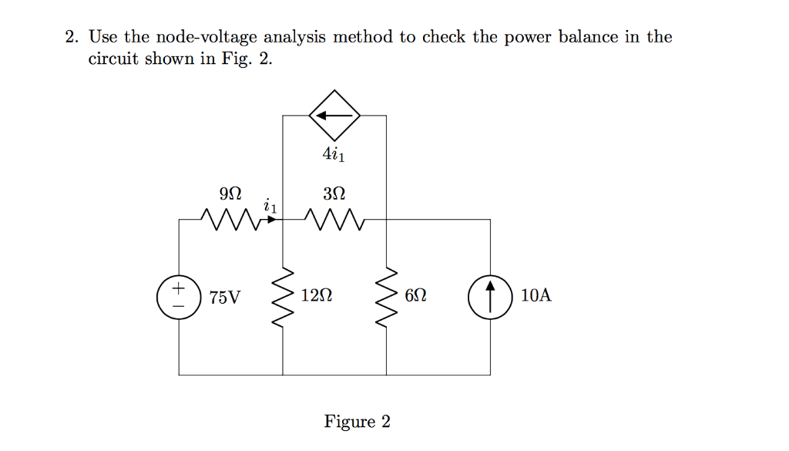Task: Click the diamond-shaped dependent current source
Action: (334, 116)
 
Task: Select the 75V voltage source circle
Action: (179, 297)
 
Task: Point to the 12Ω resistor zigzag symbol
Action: (283, 297)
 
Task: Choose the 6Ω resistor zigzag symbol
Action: (386, 297)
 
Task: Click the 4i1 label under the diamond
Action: (334, 155)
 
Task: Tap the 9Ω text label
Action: (230, 193)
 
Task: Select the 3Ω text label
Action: (334, 193)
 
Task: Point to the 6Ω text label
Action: (416, 296)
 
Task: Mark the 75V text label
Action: (224, 297)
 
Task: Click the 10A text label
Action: (536, 296)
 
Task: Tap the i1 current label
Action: (270, 207)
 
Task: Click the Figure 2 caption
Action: (357, 422)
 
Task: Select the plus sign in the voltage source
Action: (179, 289)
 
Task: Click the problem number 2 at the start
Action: (70, 37)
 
